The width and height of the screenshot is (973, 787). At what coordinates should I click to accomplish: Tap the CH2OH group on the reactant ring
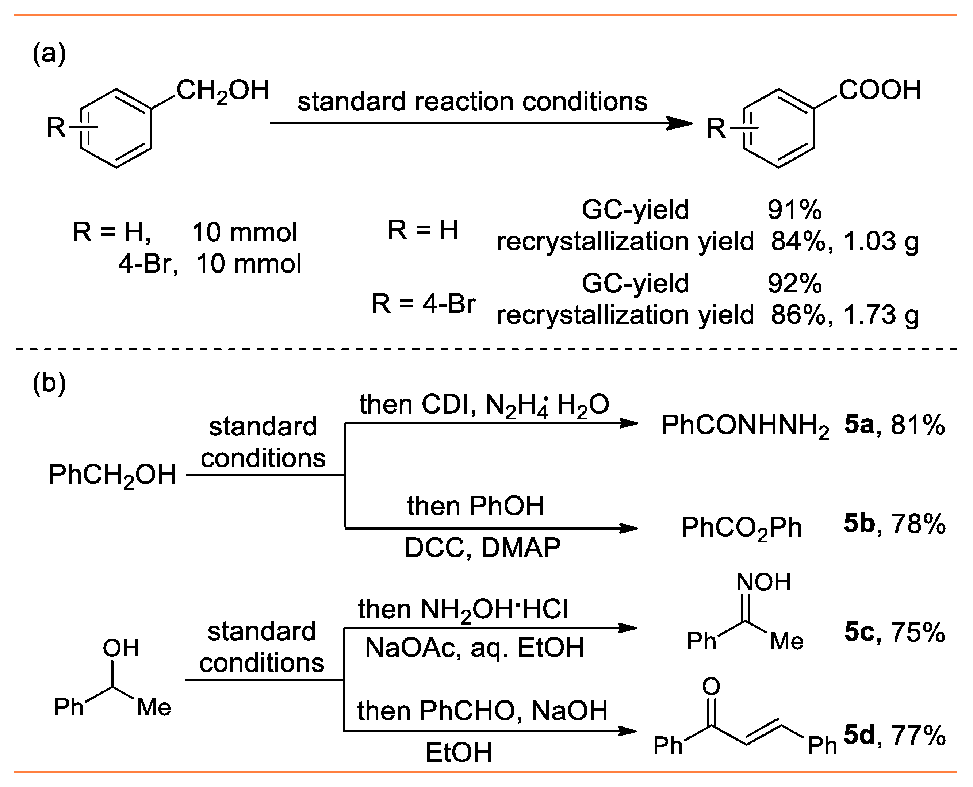[223, 91]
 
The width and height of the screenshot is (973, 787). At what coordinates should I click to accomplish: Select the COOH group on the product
[880, 90]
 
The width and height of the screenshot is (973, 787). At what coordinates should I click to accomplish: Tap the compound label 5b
[859, 523]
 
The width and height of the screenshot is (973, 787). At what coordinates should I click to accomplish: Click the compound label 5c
[859, 632]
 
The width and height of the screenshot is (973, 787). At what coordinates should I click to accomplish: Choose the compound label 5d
[859, 735]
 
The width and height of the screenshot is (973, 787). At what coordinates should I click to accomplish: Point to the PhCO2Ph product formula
[741, 528]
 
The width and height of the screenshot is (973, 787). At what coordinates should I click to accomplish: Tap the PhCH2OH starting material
[112, 476]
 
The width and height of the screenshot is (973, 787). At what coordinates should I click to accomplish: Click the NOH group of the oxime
[763, 582]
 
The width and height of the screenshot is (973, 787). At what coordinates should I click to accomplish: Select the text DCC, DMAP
[482, 548]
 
